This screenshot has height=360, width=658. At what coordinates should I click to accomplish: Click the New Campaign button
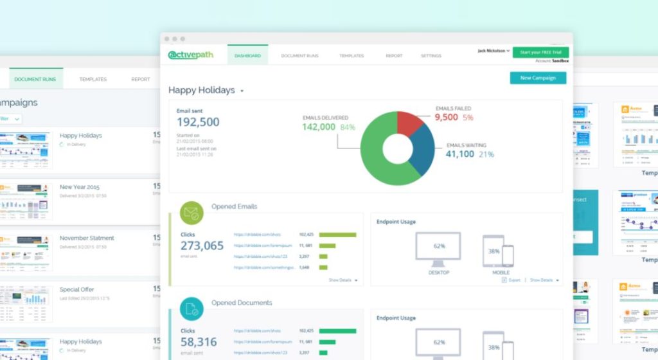(538, 78)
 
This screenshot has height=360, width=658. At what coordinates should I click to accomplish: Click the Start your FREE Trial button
(540, 52)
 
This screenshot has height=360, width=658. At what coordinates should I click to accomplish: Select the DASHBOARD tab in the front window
(247, 56)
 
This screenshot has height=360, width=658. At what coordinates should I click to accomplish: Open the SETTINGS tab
(431, 56)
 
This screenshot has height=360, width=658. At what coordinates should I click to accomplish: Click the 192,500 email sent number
(198, 122)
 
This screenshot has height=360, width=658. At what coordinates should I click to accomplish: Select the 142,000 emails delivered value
(319, 127)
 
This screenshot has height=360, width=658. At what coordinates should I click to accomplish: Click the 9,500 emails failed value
(446, 117)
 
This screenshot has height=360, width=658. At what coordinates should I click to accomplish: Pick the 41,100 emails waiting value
(459, 154)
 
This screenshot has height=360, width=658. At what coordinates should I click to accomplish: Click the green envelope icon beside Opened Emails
(191, 212)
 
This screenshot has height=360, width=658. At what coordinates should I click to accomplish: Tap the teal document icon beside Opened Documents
(191, 309)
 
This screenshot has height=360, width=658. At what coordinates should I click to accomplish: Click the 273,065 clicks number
(202, 246)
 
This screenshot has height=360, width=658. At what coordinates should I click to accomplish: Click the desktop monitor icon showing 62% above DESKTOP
(438, 249)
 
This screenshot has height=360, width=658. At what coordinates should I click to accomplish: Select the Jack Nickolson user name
(492, 50)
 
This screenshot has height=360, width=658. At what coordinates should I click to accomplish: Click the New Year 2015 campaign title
(80, 187)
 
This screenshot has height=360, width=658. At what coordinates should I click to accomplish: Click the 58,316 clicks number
(199, 342)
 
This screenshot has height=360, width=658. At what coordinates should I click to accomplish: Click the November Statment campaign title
(87, 238)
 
